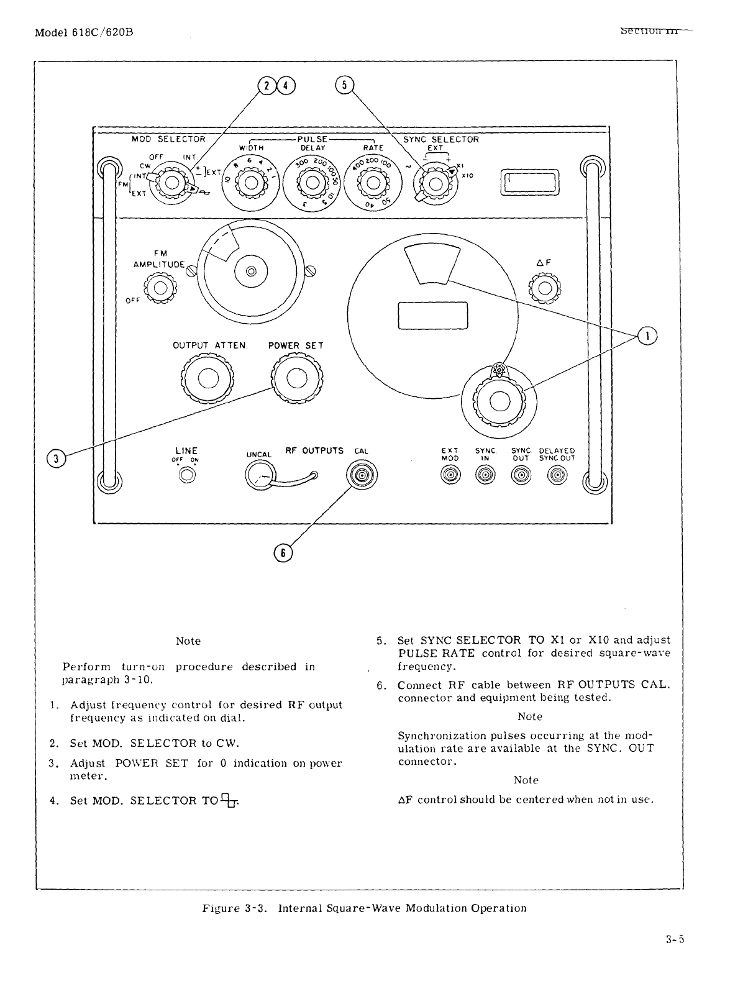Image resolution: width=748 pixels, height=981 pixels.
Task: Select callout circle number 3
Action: click(57, 459)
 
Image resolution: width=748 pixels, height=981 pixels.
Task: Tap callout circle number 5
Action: click(344, 86)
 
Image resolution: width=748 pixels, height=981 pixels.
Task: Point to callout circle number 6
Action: click(283, 553)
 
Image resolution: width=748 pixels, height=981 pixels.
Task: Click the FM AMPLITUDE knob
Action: click(160, 288)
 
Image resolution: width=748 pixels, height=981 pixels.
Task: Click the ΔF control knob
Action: click(545, 288)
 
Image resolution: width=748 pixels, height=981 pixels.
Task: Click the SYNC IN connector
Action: click(485, 476)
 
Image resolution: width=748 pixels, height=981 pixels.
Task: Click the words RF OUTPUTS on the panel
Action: click(314, 450)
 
